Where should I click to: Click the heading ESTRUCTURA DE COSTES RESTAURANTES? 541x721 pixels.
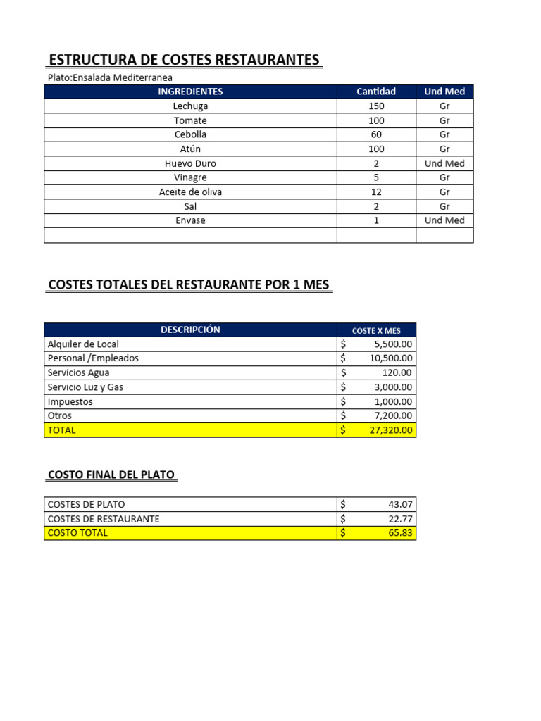pyautogui.click(x=184, y=60)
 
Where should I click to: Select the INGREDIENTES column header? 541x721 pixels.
pyautogui.click(x=190, y=92)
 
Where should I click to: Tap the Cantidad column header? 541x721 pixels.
pyautogui.click(x=376, y=92)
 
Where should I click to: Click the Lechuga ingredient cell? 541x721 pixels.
pyautogui.click(x=190, y=106)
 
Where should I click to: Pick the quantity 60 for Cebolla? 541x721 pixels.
pyautogui.click(x=376, y=134)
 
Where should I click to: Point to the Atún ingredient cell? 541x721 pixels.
pyautogui.click(x=190, y=149)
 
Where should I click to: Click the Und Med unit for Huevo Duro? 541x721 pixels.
pyautogui.click(x=444, y=163)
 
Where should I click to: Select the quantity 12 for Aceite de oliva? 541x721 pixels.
pyautogui.click(x=376, y=192)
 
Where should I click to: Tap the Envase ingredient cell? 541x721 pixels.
pyautogui.click(x=190, y=220)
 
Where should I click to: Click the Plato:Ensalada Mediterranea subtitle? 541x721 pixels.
pyautogui.click(x=109, y=77)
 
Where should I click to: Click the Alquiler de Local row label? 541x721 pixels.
pyautogui.click(x=83, y=344)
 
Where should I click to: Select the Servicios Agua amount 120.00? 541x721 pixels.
pyautogui.click(x=399, y=373)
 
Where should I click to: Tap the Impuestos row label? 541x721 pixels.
pyautogui.click(x=70, y=402)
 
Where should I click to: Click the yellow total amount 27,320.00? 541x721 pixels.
pyautogui.click(x=390, y=430)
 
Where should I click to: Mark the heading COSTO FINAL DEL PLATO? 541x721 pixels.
pyautogui.click(x=111, y=475)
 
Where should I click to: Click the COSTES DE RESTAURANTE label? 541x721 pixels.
pyautogui.click(x=103, y=519)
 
